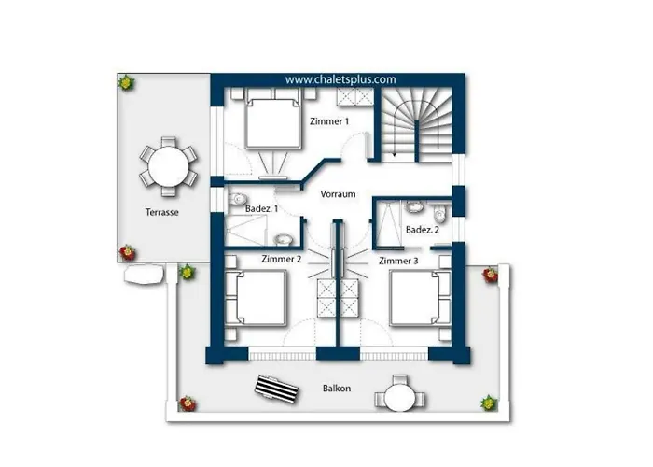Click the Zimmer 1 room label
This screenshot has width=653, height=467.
click(x=329, y=121)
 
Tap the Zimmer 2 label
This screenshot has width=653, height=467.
click(x=281, y=259)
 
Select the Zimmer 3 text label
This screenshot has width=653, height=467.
click(x=398, y=261)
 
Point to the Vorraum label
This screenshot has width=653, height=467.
click(x=338, y=194)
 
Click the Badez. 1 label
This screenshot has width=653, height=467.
click(x=261, y=209)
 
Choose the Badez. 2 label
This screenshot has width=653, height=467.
click(x=423, y=230)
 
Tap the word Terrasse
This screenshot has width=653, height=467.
click(x=162, y=212)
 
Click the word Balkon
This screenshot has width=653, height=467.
click(x=337, y=389)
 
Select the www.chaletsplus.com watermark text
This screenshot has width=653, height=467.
click(x=340, y=79)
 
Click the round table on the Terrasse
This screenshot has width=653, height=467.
click(x=168, y=166)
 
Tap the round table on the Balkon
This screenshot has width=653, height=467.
click(x=400, y=397)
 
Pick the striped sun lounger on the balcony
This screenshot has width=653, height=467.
click(x=276, y=389)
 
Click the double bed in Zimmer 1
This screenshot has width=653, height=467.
click(x=273, y=124)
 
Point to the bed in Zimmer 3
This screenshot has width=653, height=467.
click(x=420, y=298)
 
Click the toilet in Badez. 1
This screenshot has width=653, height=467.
click(x=238, y=198)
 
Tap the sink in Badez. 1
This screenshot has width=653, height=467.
click(x=284, y=240)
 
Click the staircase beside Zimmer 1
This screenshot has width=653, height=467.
click(x=416, y=124)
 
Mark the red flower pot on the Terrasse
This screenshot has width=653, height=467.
click(x=128, y=253)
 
